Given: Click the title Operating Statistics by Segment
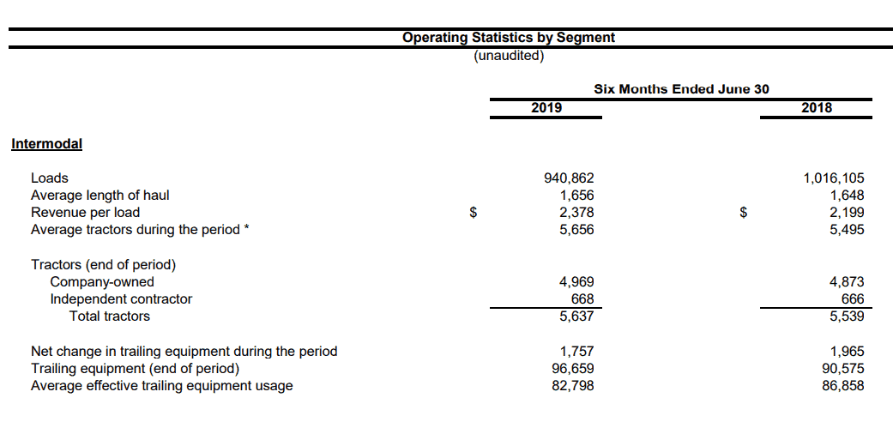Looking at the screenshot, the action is coord(509,38).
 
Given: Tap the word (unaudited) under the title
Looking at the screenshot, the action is coord(509,56).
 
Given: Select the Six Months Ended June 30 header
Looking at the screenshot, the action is coord(681,89).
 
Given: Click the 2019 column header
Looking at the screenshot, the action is coord(546,107).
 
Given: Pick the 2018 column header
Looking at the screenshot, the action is coord(816,107).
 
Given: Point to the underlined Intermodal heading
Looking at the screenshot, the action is coord(46,143).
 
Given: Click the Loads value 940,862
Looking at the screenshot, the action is coord(570,178).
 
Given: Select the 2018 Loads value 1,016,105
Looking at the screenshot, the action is coord(834,178).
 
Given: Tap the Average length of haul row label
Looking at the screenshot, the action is coord(100,196).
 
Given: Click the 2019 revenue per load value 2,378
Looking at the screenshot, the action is coord(577,213).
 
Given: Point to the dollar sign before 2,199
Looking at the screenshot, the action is coord(743,213).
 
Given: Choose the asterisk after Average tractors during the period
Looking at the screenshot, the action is coord(246,228).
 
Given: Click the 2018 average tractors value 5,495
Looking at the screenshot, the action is coord(847,230).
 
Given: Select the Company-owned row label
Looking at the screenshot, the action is coord(102,282).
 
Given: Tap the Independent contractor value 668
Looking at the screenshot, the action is coord(582,299).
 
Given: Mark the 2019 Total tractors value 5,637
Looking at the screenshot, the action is coord(577,316).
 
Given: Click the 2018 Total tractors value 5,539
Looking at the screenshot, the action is coord(847,316).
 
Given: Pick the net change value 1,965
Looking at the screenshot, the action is coord(847,352).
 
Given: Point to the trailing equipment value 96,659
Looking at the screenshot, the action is coord(574,369).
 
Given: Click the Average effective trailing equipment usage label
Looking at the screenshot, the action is coord(162,386).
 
